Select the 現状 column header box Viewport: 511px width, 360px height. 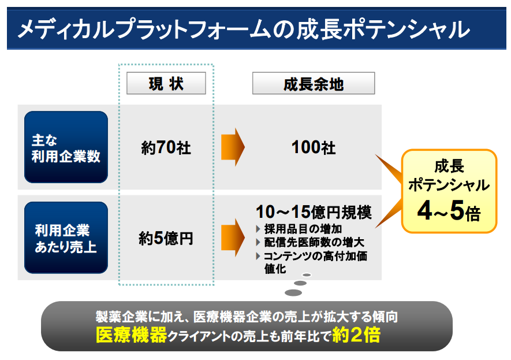pos(166,84)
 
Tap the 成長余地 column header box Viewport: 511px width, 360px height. pos(314,84)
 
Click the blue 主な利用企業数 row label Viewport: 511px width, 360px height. pos(66,147)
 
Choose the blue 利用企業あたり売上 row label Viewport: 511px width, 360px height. pos(66,237)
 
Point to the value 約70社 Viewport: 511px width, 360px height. pos(166,148)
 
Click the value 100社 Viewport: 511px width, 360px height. pos(314,148)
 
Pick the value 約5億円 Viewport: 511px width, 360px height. pos(166,237)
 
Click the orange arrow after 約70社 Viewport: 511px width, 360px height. pos(233,147)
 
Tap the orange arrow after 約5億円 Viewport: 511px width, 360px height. pos(233,236)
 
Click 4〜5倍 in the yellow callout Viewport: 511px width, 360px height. pos(449,211)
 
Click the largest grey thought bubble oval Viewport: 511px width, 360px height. pos(293,292)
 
